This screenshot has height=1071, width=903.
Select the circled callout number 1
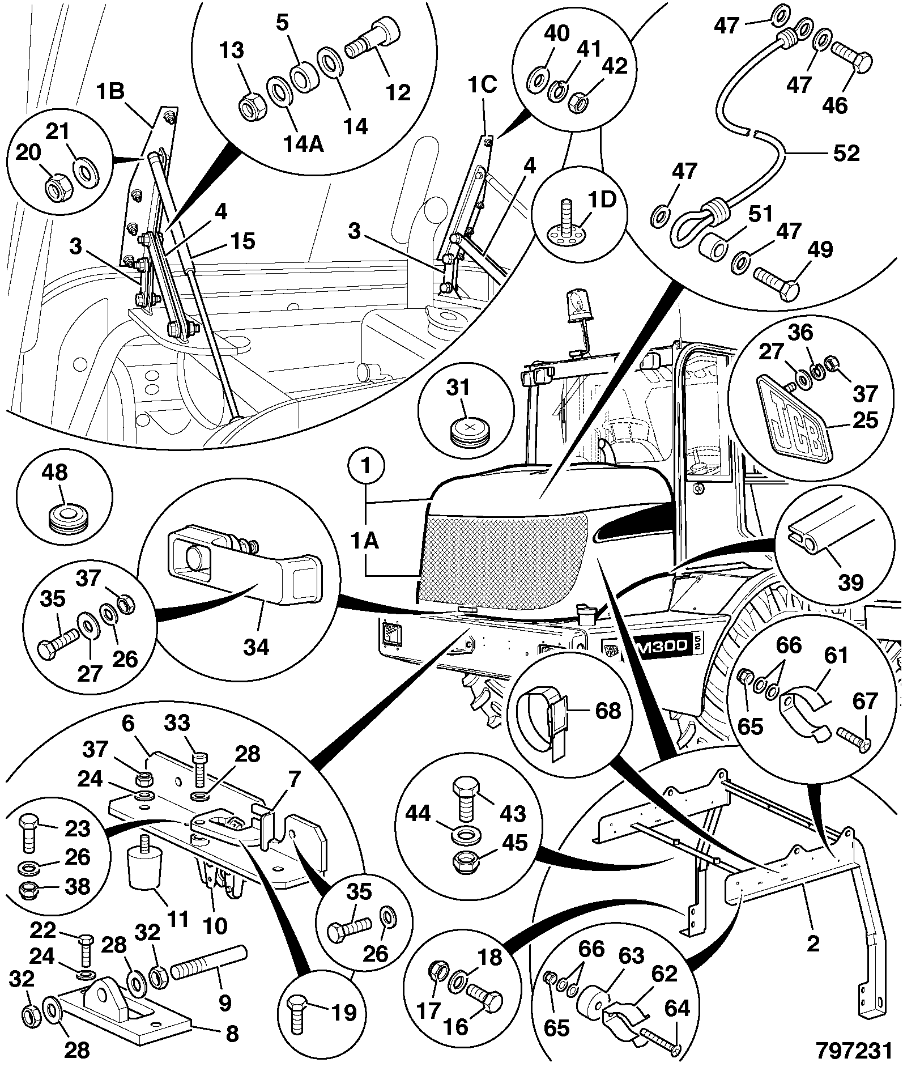[366, 467]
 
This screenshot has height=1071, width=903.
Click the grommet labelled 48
[67, 517]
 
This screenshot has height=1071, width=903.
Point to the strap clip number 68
[608, 711]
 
